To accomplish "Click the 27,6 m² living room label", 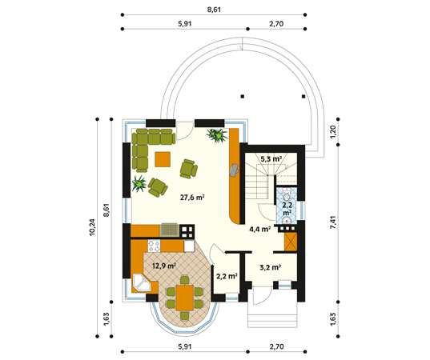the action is pyautogui.click(x=192, y=197).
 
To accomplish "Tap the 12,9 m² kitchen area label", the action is pyautogui.click(x=163, y=266).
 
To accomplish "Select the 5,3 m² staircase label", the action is pyautogui.click(x=271, y=159).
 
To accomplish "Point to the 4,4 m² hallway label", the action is pyautogui.click(x=260, y=229).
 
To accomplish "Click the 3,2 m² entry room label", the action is pyautogui.click(x=271, y=267).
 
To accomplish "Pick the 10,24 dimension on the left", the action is pyautogui.click(x=92, y=227).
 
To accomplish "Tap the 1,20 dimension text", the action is pyautogui.click(x=333, y=132).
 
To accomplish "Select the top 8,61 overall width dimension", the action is pyautogui.click(x=214, y=10).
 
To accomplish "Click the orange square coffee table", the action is pyautogui.click(x=163, y=159).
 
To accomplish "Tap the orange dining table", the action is pyautogui.click(x=184, y=298).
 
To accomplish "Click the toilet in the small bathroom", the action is pyautogui.click(x=287, y=195).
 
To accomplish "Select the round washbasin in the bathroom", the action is pyautogui.click(x=287, y=220).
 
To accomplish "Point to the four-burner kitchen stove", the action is pyautogui.click(x=154, y=246).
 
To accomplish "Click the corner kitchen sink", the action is pyautogui.click(x=142, y=282).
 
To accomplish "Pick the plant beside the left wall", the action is pyautogui.click(x=139, y=184).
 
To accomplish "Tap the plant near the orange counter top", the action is pyautogui.click(x=217, y=135).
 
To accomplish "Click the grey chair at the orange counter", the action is pyautogui.click(x=234, y=170).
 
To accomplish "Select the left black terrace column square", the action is pyautogui.click(x=243, y=97).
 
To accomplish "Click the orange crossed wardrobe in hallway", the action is pyautogui.click(x=291, y=242).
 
